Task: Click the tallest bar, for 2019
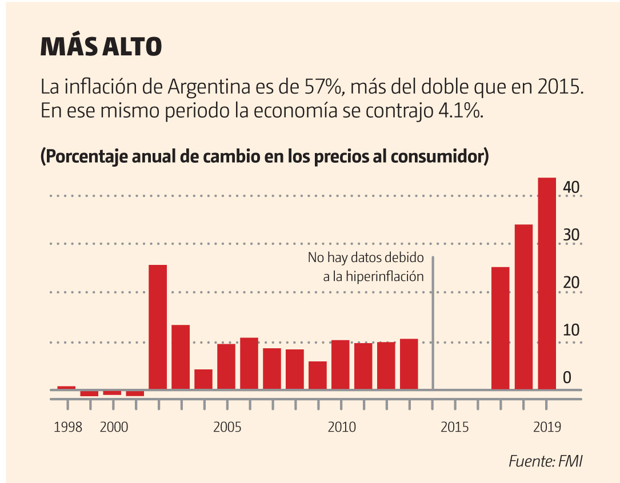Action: pyautogui.click(x=547, y=284)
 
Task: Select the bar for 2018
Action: pyautogui.click(x=524, y=307)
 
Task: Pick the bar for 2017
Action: pyautogui.click(x=501, y=328)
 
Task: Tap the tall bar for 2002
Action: pyautogui.click(x=158, y=327)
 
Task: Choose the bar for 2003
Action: pyautogui.click(x=181, y=357)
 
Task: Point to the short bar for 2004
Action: pyautogui.click(x=203, y=380)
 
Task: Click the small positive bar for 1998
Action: pyautogui.click(x=67, y=388)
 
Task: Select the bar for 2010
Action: pyautogui.click(x=341, y=365)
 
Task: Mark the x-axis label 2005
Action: pyautogui.click(x=227, y=427)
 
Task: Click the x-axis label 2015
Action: pyautogui.click(x=455, y=427)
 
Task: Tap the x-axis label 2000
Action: pyautogui.click(x=113, y=427)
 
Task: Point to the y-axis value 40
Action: pyautogui.click(x=572, y=187)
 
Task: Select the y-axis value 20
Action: pyautogui.click(x=572, y=283)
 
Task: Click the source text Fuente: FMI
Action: pyautogui.click(x=545, y=461)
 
